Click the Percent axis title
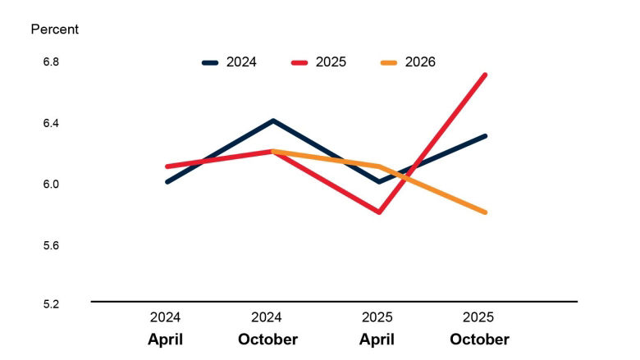(54, 30)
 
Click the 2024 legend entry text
(241, 62)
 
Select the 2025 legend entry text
(331, 62)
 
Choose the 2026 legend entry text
(420, 62)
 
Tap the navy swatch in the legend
(210, 62)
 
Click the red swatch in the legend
(299, 62)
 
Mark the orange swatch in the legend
(389, 62)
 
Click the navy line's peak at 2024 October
(272, 121)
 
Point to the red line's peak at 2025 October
(485, 75)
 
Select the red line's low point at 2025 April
(379, 212)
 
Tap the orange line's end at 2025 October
(485, 212)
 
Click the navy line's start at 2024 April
(167, 181)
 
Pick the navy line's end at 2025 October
(485, 136)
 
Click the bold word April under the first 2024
(165, 339)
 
